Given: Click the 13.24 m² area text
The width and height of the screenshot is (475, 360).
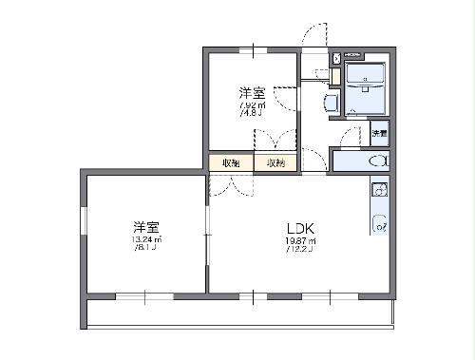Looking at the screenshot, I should (146, 239).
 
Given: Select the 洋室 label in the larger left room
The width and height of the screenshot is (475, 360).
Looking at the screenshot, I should (145, 227).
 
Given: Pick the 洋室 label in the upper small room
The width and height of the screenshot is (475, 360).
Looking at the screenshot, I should (252, 93).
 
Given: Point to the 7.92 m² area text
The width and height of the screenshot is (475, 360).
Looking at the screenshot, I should (252, 105).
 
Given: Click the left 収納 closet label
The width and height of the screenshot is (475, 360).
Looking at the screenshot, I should (231, 163).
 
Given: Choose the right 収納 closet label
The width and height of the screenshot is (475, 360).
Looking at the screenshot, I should (275, 163).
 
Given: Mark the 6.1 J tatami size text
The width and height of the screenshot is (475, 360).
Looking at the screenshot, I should (146, 248).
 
